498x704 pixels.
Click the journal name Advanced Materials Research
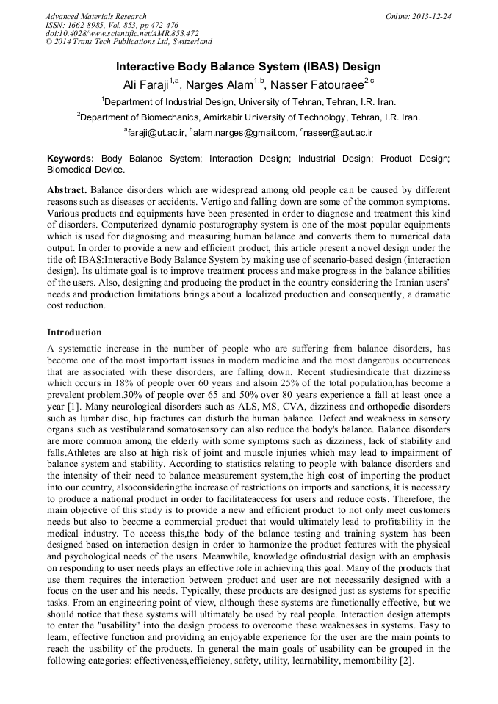pos(95,16)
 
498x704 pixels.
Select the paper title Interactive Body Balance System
pos(248,67)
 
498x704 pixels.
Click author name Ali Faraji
pos(151,85)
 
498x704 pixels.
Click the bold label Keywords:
pos(71,159)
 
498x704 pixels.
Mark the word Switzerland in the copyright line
pos(188,42)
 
